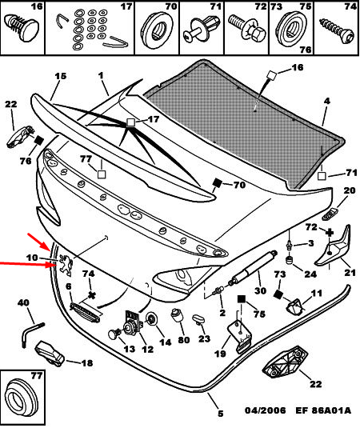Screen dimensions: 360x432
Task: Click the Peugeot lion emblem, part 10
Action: [66, 266]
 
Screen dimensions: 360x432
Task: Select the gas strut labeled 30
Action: [253, 266]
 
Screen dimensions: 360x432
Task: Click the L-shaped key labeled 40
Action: [31, 334]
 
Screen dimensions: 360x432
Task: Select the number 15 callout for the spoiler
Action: [60, 76]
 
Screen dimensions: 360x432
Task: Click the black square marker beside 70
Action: [218, 182]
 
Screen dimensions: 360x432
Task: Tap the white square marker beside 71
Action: [322, 176]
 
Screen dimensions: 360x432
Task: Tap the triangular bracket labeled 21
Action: [334, 246]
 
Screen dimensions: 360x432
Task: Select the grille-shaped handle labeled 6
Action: [85, 312]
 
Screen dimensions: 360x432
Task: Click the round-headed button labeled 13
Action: [114, 334]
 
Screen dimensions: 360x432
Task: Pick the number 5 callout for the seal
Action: [220, 414]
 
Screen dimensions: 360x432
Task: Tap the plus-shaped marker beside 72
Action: [329, 233]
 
